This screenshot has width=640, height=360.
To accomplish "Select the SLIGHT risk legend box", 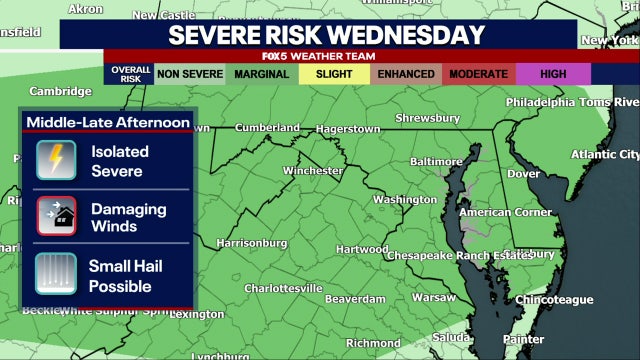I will tap(334, 74).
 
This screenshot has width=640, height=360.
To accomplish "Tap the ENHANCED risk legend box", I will tap(406, 74).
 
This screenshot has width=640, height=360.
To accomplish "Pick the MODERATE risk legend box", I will tap(479, 74).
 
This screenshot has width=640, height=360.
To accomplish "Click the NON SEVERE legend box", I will tap(189, 74).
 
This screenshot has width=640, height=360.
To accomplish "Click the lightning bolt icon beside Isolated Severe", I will tap(56, 160).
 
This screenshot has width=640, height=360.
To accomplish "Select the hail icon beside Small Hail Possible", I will tap(56, 274).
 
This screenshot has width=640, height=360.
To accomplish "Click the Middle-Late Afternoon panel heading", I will tap(108, 122).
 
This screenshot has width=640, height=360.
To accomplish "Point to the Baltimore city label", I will tap(436, 161).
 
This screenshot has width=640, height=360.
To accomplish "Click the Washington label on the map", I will tap(405, 199).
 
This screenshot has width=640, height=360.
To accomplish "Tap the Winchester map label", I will tap(313, 171).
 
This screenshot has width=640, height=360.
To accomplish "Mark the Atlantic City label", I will tap(604, 154).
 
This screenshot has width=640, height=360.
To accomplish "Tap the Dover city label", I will tap(524, 173).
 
